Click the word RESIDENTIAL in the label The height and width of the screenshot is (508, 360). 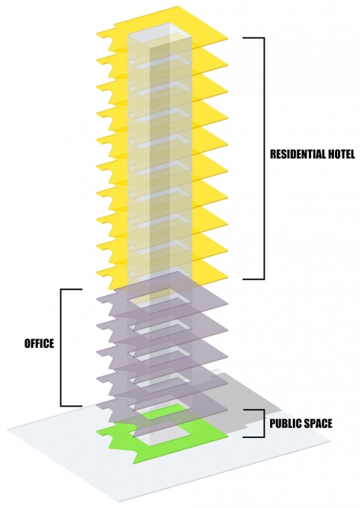tap(299, 154)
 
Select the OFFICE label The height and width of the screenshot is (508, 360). tap(39, 343)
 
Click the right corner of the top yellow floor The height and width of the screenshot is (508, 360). tap(228, 39)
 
